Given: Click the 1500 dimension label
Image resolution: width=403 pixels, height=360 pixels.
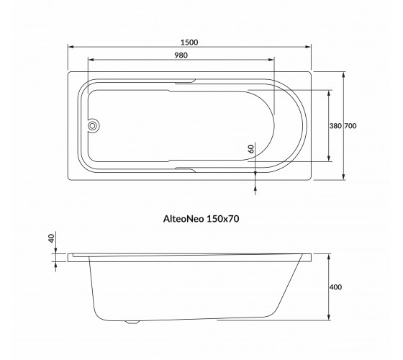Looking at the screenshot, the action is coord(189,42).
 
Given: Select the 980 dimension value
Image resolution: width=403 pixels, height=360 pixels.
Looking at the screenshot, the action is coord(181,55).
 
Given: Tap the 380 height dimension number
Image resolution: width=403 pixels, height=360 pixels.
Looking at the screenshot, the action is coord(335,126).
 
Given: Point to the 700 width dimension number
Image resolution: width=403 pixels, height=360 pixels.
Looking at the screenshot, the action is coord(350,126).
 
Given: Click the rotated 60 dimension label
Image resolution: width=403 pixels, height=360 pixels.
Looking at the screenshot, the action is coord(251,149).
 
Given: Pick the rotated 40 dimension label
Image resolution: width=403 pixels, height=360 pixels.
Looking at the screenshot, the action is coord(52,238).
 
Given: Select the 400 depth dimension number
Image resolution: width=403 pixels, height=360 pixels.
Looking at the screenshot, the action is coord(335,287).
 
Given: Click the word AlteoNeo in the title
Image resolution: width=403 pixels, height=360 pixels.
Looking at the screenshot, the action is coord(184,219).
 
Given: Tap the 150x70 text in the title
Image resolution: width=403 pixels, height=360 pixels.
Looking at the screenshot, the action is coord(223,219).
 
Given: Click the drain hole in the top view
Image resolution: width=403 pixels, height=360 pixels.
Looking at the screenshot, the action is coord(92,126).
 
